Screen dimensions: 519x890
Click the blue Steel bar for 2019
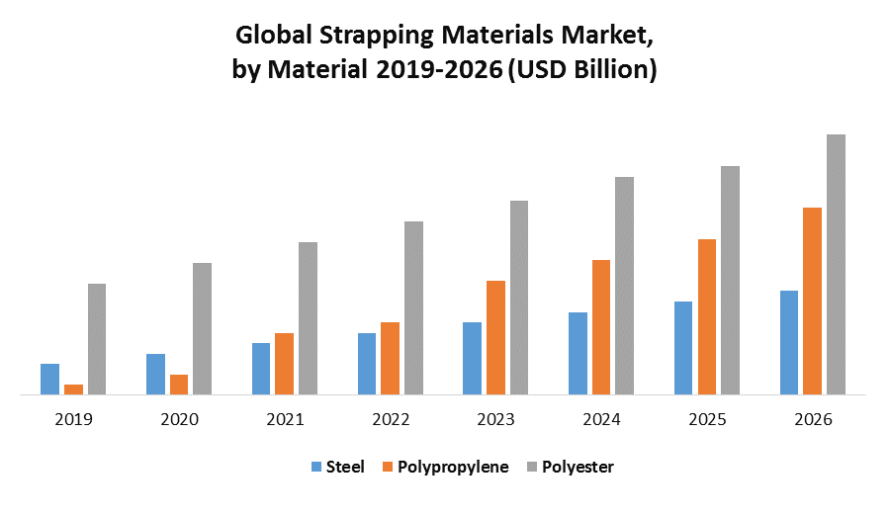(49, 379)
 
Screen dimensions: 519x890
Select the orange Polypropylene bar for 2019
(73, 389)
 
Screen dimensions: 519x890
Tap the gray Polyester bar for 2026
(836, 264)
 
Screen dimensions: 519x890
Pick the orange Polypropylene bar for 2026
(812, 301)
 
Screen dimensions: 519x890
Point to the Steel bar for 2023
(472, 358)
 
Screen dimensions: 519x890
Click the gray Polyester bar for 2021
(308, 317)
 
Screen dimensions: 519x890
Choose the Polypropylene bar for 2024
(601, 326)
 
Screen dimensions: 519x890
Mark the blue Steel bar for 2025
(683, 347)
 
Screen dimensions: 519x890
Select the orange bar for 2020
(179, 384)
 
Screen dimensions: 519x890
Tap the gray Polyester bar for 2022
(413, 307)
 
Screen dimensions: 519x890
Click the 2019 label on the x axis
(73, 419)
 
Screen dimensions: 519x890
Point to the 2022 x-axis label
(391, 419)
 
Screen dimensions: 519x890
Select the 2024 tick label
(601, 419)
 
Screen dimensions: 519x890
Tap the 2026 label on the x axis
(813, 419)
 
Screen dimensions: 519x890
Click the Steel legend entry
(345, 467)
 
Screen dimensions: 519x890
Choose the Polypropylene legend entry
(453, 467)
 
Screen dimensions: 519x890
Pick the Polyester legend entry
(578, 467)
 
